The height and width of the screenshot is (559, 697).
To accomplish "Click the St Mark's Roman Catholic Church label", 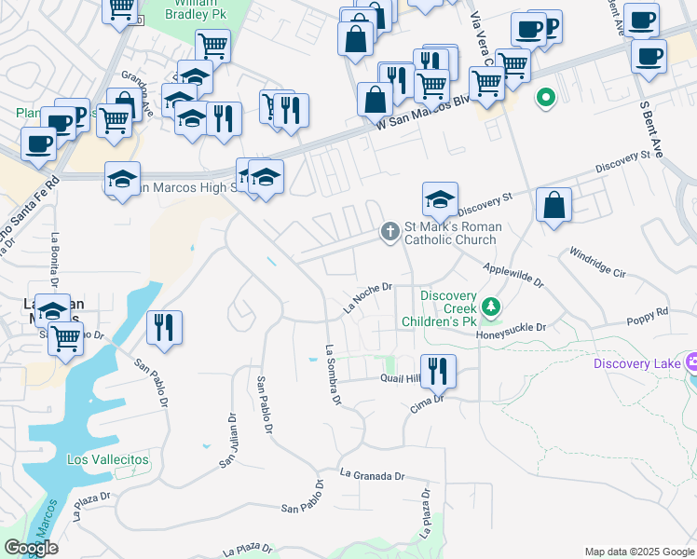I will click(x=452, y=233).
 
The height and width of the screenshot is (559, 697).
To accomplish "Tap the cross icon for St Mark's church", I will click(x=390, y=232).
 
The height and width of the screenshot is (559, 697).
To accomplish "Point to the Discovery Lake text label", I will click(x=637, y=363).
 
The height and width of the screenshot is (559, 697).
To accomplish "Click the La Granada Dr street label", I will click(x=373, y=475).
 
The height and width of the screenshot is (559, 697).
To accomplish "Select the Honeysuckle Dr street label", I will click(x=511, y=329).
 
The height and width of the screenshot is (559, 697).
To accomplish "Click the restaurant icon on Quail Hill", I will click(x=438, y=371).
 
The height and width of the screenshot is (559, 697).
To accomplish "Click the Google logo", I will click(x=31, y=548).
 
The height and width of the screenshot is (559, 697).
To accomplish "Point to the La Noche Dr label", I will click(x=366, y=298).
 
